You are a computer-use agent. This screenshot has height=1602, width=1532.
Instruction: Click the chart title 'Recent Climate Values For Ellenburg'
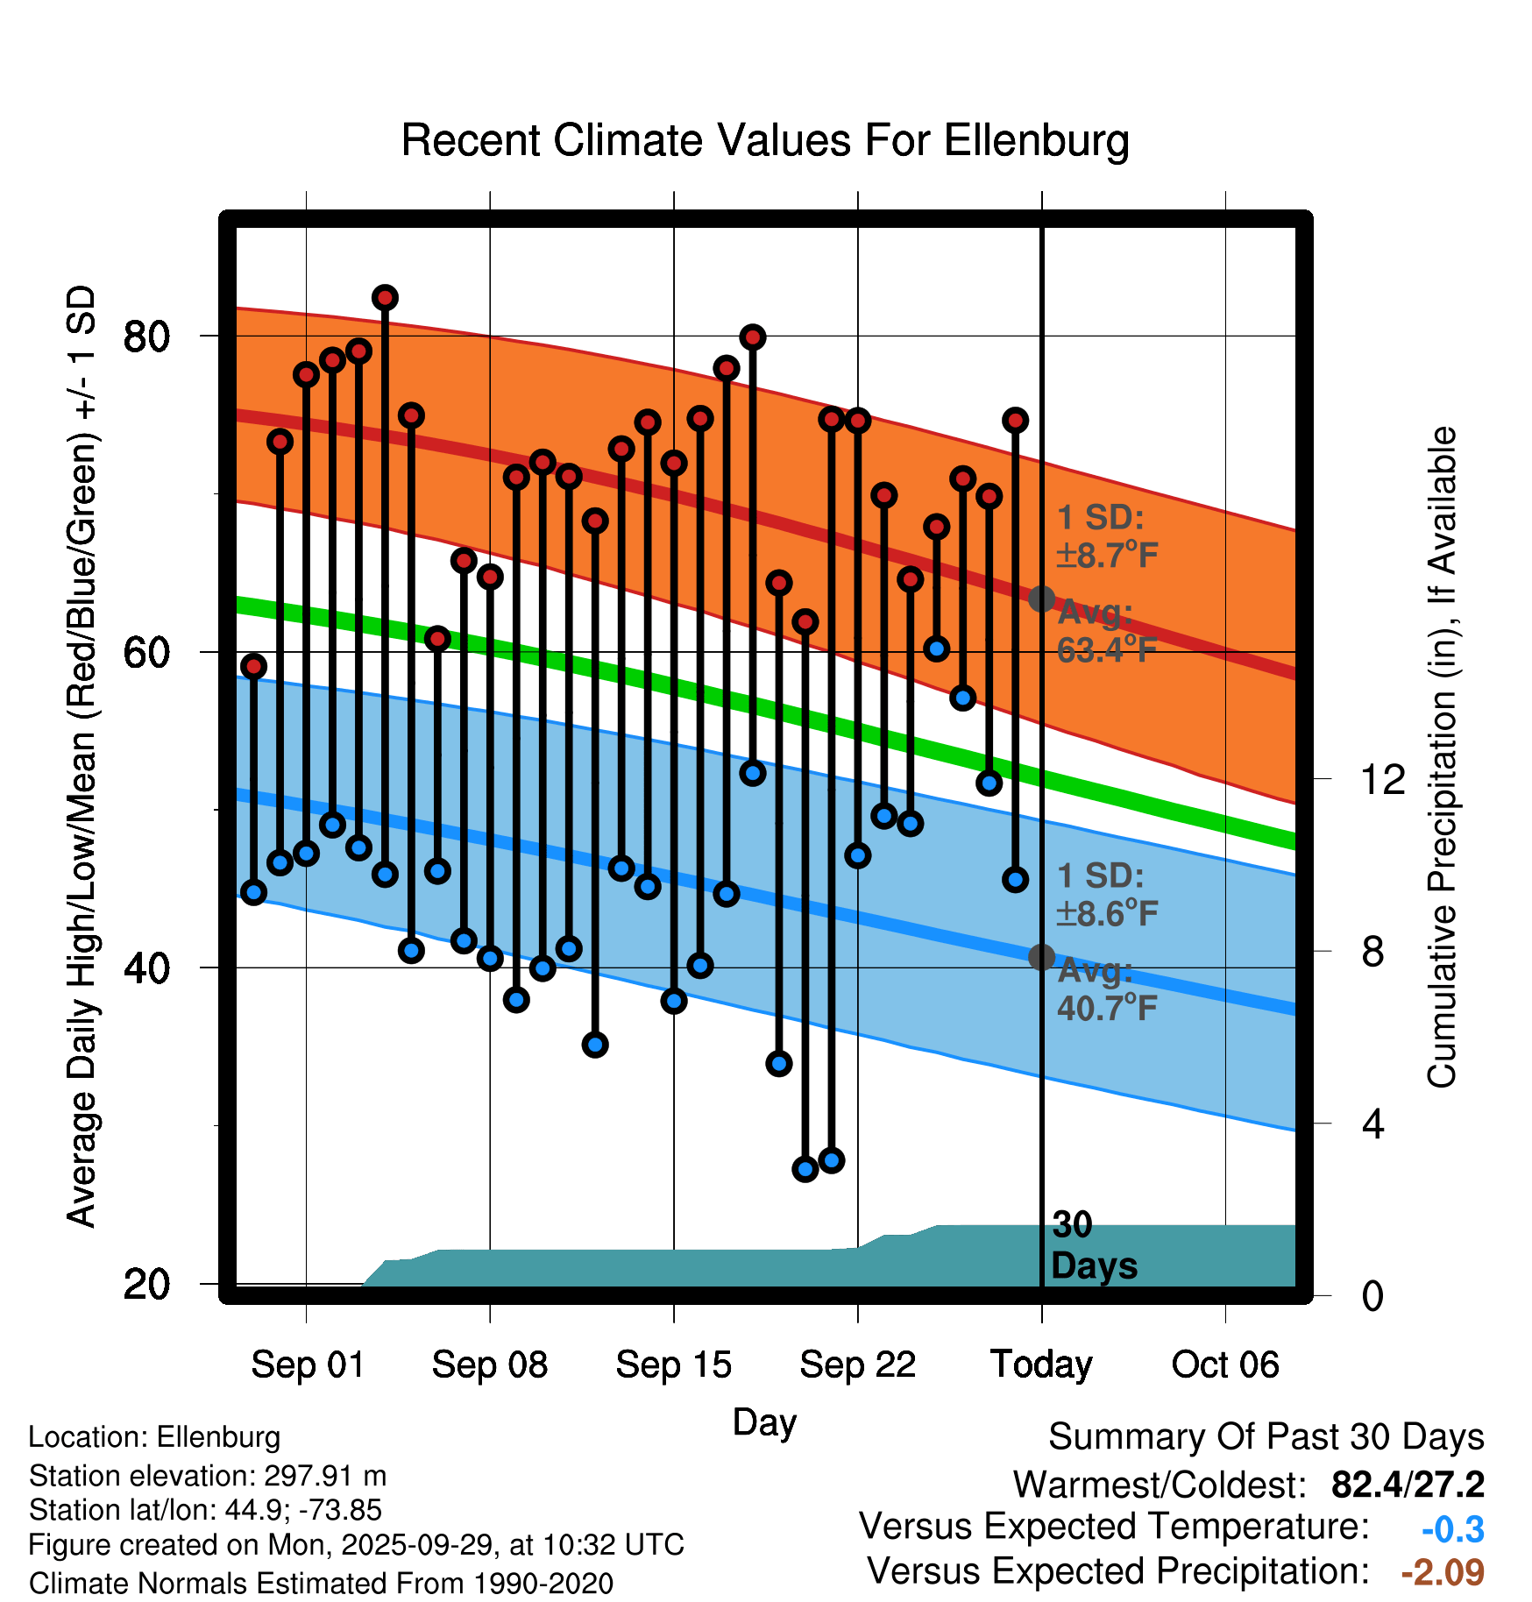tap(765, 140)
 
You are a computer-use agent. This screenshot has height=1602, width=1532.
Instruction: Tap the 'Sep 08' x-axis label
tap(489, 1365)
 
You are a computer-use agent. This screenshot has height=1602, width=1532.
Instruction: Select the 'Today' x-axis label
tap(1041, 1365)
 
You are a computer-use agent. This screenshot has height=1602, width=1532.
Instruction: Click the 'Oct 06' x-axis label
tap(1225, 1365)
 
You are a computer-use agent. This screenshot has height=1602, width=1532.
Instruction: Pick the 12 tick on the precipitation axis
tap(1382, 779)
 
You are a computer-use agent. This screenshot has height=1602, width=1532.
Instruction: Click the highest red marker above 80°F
tap(385, 298)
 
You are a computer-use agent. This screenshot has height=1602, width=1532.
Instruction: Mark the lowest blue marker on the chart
tap(805, 1169)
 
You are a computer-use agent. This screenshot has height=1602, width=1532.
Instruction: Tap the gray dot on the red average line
tap(1041, 599)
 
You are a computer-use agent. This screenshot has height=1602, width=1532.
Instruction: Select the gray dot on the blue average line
tap(1041, 957)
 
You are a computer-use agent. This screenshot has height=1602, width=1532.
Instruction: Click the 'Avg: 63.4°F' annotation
tap(1106, 631)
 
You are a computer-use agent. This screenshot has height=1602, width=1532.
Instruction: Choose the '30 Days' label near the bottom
tap(1093, 1245)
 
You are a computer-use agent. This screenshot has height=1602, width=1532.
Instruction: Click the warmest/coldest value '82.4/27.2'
tap(1408, 1485)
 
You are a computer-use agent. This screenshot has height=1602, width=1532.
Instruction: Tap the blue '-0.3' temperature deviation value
tap(1452, 1529)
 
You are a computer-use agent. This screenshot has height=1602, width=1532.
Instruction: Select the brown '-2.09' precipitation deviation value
tap(1443, 1572)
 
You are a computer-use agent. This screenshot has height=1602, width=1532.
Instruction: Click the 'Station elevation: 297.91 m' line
tap(208, 1476)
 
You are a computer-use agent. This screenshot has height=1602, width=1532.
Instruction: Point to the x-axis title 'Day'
tap(764, 1421)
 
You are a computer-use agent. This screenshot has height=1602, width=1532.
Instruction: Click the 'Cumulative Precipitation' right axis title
tap(1442, 757)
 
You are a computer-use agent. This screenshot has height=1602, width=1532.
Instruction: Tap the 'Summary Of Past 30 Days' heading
tap(1266, 1437)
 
